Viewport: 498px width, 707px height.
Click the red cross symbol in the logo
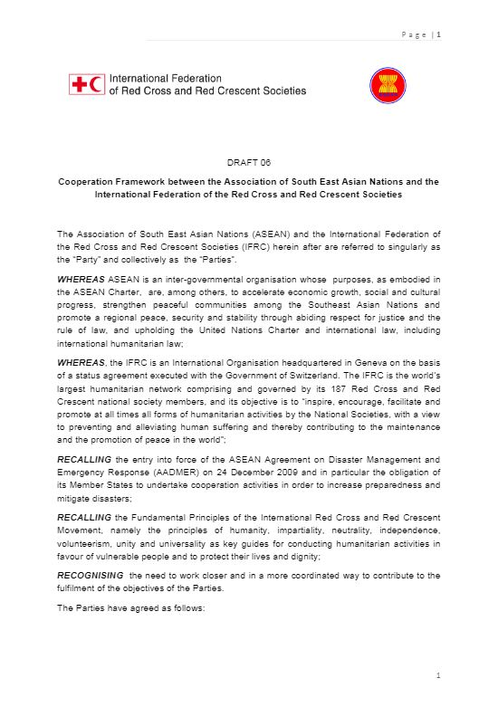pyautogui.click(x=79, y=86)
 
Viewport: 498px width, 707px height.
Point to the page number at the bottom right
pyautogui.click(x=437, y=676)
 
